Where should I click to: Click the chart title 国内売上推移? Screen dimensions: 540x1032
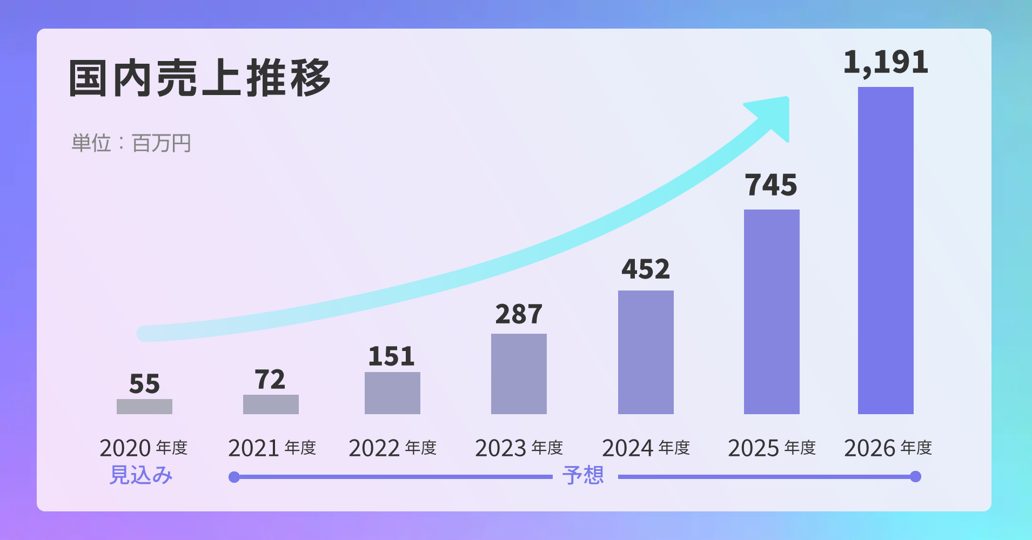coord(199,78)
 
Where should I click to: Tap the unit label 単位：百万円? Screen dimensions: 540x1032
coord(131,144)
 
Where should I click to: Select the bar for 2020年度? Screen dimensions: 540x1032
coord(144,407)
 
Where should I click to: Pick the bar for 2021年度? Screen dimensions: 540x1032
coord(271,404)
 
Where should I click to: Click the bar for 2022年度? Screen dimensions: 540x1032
coord(392,393)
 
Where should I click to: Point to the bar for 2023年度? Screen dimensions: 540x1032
coord(519,374)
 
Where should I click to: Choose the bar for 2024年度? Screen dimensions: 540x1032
coord(646,352)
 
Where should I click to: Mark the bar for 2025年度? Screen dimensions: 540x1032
coord(772,312)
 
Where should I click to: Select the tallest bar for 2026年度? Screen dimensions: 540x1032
coord(886,251)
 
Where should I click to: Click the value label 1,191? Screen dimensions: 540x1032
coord(886,63)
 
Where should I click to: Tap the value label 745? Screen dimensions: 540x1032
coord(771,185)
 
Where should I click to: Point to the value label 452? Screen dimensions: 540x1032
coord(646,269)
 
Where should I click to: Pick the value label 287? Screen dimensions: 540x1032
coord(519,314)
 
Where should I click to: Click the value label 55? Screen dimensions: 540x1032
coord(144,384)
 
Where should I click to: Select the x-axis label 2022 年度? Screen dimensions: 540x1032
coord(392,448)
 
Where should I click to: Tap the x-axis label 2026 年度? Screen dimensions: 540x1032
coord(888,448)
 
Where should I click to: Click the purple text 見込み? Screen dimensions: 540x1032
coord(141,475)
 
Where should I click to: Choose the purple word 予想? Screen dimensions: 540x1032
coord(583,475)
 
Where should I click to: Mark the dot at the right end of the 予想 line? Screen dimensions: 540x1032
coord(915,476)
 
